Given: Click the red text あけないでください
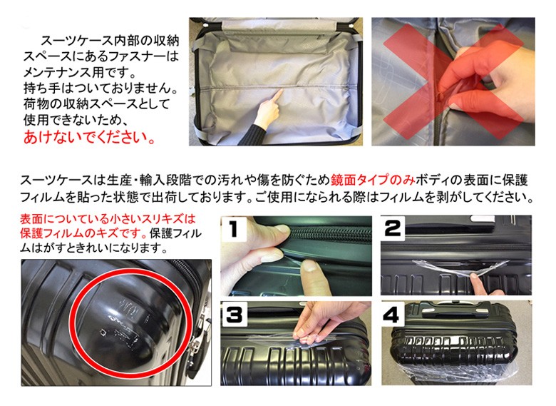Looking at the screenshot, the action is pyautogui.click(x=89, y=137).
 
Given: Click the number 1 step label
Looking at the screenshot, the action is pyautogui.click(x=233, y=229).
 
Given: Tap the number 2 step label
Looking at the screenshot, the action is pyautogui.click(x=393, y=228).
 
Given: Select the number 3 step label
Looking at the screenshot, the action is pyautogui.click(x=235, y=315).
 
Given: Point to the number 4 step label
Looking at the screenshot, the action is pyautogui.click(x=391, y=315).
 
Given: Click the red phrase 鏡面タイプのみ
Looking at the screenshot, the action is pyautogui.click(x=373, y=181).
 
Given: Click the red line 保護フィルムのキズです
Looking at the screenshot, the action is pyautogui.click(x=83, y=233).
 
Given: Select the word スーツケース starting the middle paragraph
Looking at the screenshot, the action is pyautogui.click(x=56, y=181).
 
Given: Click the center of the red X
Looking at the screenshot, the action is pyautogui.click(x=453, y=82).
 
